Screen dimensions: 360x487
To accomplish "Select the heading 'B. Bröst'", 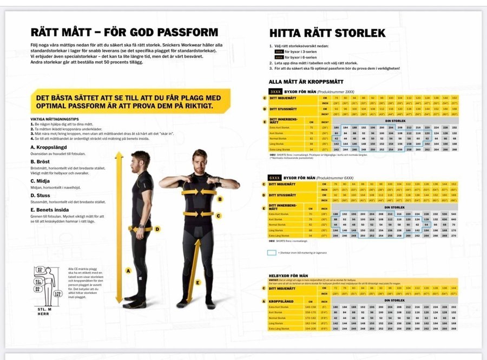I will pos(41,161).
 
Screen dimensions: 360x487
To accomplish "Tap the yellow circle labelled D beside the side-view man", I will pos(157,229).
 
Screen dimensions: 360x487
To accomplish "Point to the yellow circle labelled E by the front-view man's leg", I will pos(198,282).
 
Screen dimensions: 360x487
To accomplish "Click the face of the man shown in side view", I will pos(141,161).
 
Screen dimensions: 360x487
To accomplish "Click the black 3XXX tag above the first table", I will pos(276,92).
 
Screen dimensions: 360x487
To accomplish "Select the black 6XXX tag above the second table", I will pos(276,178).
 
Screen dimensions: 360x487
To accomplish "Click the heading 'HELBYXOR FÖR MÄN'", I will pos(287,276).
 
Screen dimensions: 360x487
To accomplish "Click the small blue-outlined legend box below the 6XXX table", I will pos(272,252).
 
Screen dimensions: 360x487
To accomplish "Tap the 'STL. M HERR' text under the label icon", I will pos(44,312).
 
